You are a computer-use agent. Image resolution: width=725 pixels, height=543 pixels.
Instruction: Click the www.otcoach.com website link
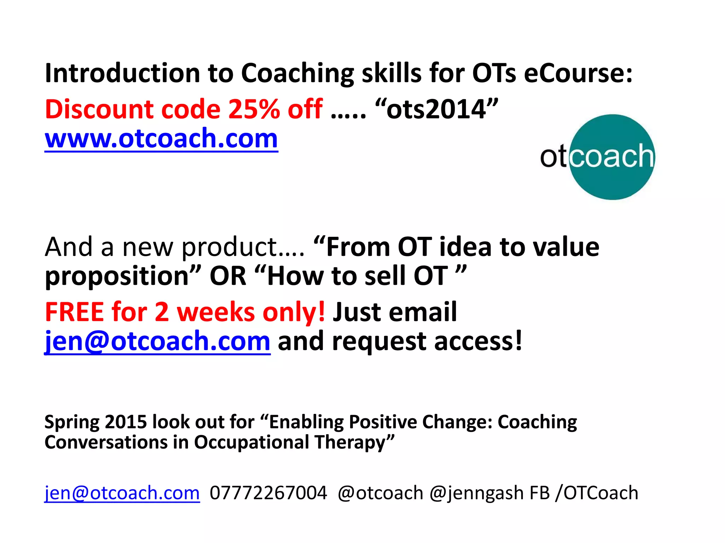(161, 138)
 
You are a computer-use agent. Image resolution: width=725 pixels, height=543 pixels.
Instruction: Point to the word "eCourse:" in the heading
(578, 73)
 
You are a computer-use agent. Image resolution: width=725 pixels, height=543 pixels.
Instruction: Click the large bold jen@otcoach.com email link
(157, 341)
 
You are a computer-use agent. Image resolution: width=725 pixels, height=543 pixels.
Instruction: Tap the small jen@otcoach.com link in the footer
(122, 493)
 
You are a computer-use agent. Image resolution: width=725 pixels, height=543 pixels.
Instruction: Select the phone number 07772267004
(268, 493)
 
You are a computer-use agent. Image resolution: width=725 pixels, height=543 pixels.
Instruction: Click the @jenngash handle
(476, 493)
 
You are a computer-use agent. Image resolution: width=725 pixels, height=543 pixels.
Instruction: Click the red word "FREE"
(75, 312)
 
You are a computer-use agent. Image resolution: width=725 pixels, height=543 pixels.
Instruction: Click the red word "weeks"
(216, 312)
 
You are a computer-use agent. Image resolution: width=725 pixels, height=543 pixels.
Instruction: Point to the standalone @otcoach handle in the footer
(380, 493)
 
